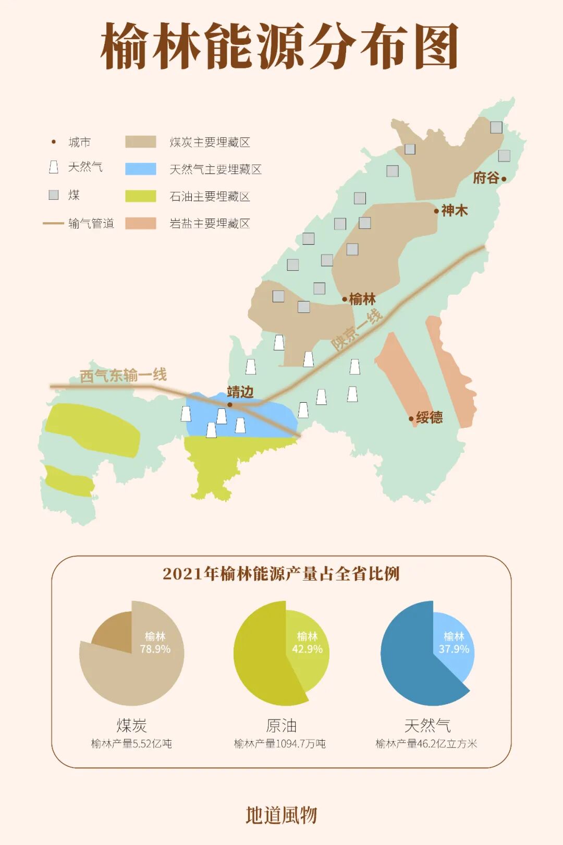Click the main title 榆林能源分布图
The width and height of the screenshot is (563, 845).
click(280, 46)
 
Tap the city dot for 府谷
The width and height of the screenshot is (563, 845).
click(504, 179)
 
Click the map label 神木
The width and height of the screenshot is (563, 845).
click(454, 211)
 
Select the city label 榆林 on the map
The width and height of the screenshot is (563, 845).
click(362, 299)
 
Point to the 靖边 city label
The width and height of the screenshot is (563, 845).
click(240, 392)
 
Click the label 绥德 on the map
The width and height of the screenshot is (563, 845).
click(430, 417)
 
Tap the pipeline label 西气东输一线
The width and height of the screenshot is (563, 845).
click(123, 375)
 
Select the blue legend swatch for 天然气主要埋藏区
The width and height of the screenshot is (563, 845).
click(141, 169)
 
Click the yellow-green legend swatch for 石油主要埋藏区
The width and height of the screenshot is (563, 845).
click(141, 196)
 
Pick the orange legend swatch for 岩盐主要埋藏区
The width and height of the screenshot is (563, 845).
click(141, 223)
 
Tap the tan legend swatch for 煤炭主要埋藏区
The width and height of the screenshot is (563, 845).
click(141, 142)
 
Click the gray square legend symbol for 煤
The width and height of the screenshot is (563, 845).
click(54, 195)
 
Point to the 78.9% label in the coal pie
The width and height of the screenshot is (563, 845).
click(155, 649)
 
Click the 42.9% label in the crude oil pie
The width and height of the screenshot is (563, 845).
click(307, 649)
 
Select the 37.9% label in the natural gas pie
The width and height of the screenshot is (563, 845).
click(454, 649)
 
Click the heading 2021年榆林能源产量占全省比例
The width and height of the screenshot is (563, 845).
click(281, 574)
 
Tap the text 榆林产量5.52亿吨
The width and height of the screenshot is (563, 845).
click(131, 744)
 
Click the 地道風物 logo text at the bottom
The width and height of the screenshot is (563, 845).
click(281, 815)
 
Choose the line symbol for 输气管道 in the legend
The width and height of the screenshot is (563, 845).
click(53, 224)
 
